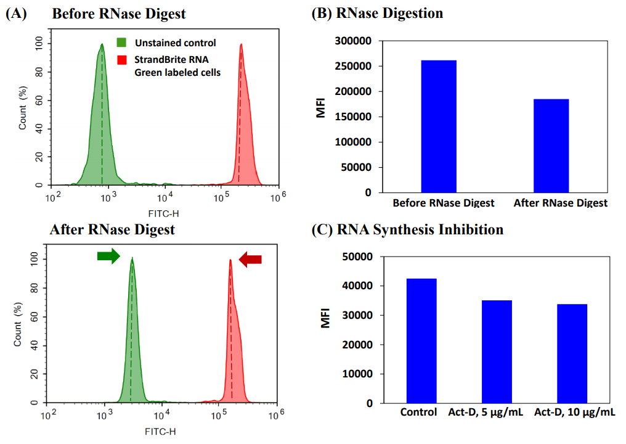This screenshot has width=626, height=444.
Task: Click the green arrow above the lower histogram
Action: pyautogui.click(x=108, y=257)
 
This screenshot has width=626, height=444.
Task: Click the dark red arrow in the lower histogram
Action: pyautogui.click(x=250, y=259)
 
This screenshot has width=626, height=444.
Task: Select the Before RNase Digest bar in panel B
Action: pyautogui.click(x=439, y=126)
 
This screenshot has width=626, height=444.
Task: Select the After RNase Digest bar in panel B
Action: pyautogui.click(x=551, y=146)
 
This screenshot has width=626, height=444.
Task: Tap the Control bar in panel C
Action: pyautogui.click(x=421, y=340)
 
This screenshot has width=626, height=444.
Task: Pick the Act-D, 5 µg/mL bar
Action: pyautogui.click(x=497, y=351)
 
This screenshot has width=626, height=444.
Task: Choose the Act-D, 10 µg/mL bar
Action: pyautogui.click(x=572, y=353)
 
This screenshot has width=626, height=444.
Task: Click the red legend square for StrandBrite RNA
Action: pyautogui.click(x=122, y=60)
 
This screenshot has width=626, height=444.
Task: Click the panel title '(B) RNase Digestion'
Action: pyautogui.click(x=377, y=13)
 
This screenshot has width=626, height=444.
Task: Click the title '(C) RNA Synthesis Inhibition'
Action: pyautogui.click(x=407, y=230)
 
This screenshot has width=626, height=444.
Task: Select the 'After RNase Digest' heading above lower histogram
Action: pyautogui.click(x=112, y=229)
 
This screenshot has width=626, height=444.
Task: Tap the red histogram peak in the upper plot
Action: pyautogui.click(x=242, y=46)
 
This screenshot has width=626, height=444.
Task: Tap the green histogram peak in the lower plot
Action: pyautogui.click(x=132, y=261)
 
